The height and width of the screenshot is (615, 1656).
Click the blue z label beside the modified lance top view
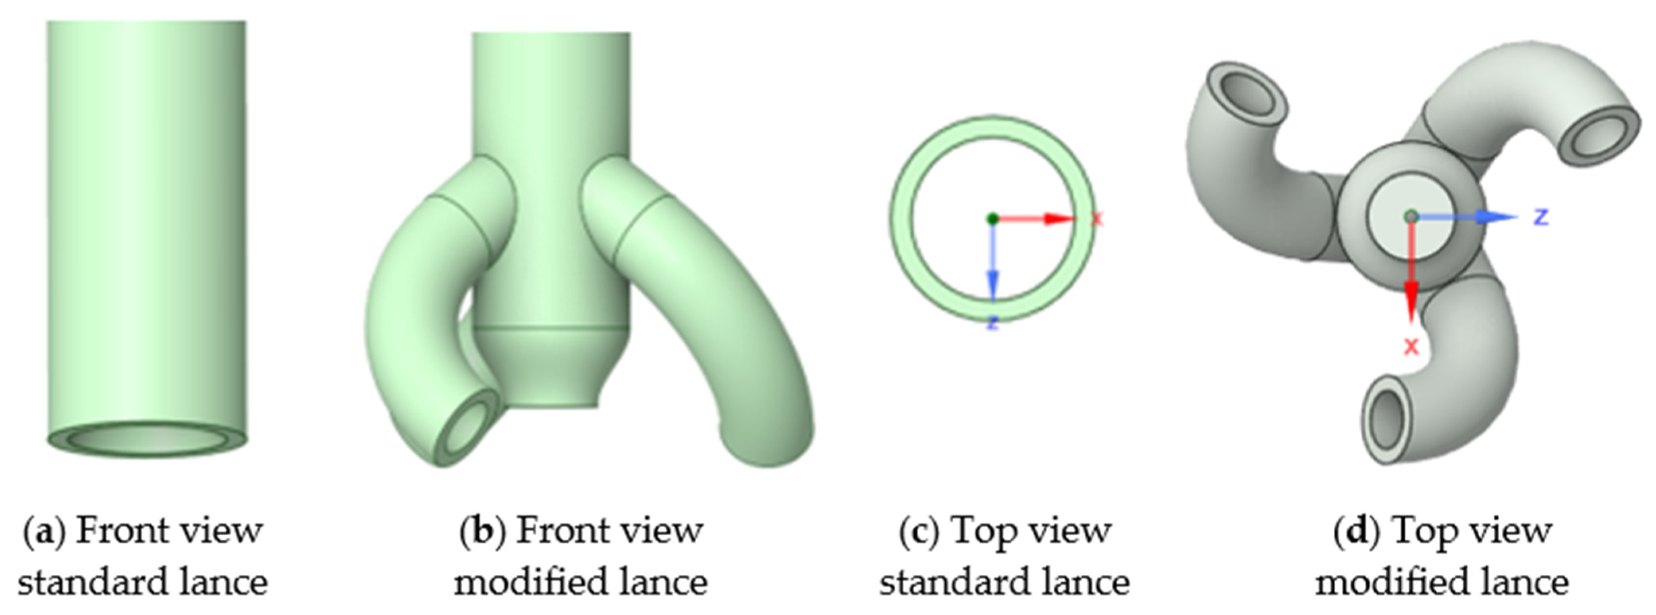[1541, 217]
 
